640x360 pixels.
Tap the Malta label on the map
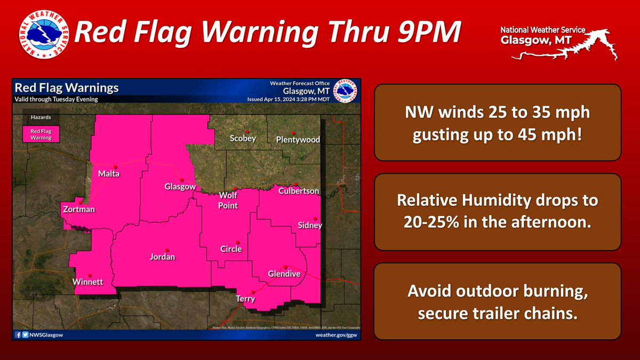coord(109,174)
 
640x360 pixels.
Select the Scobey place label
coord(243,139)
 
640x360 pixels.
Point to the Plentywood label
coord(298,140)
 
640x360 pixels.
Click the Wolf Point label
coord(228,201)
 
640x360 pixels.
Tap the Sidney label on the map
coord(310,226)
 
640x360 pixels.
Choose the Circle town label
coord(231,249)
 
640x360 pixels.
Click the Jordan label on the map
coord(162,257)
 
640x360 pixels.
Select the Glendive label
coord(284,274)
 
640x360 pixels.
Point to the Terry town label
coord(245,299)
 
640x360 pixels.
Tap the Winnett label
coord(88,282)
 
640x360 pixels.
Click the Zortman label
coord(78,209)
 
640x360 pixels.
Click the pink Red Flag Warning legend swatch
coord(41,134)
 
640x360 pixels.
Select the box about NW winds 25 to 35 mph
coord(497,122)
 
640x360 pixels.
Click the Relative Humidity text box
coord(497,212)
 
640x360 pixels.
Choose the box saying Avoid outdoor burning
coord(497,301)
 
